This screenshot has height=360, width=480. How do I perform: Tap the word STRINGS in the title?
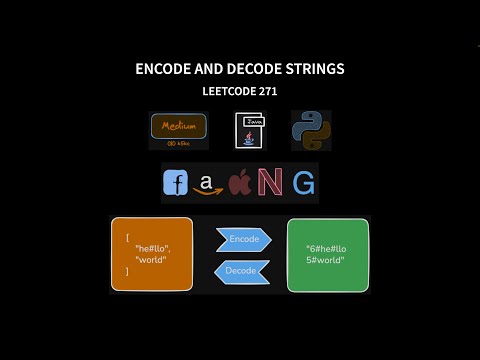coord(311,69)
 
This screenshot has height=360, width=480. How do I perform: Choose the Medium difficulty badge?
coord(178,130)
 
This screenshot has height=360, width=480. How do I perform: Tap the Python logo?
coord(310,131)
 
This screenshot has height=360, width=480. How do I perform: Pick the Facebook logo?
coord(175,183)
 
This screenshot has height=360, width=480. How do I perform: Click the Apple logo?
coord(239,183)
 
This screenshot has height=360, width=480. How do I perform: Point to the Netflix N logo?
coord(269,183)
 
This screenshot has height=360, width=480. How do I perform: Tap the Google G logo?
coord(304,183)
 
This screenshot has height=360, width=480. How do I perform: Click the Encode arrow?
coord(244,239)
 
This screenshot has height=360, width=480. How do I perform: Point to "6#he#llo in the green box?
coord(327,247)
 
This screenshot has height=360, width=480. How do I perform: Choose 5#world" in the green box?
coord(325,260)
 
